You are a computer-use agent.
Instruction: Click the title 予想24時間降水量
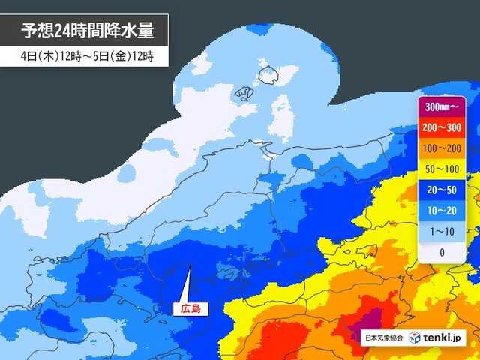87,31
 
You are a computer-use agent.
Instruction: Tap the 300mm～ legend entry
442,106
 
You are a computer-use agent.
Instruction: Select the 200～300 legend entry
442,127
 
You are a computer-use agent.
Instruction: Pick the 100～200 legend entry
442,148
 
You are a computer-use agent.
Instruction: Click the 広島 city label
188,307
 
